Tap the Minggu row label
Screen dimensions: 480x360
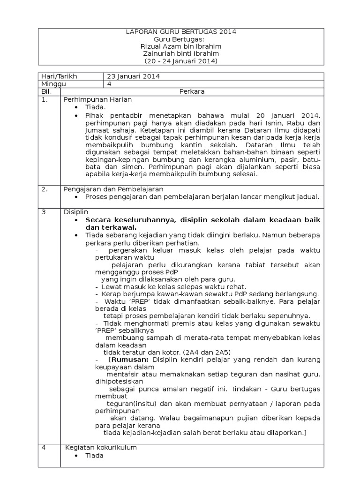coord(54,83)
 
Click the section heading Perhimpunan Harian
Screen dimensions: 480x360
coord(98,99)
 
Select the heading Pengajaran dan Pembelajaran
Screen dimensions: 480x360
coord(113,189)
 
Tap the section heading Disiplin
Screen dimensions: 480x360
coord(76,212)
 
